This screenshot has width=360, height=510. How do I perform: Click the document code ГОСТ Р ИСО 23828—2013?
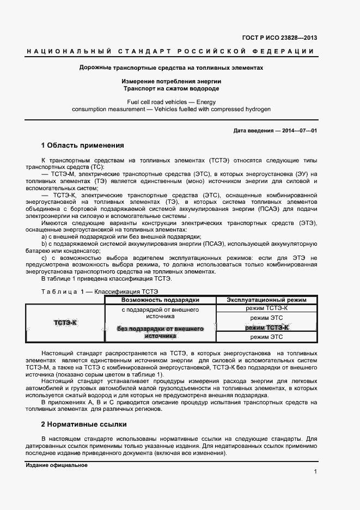(279, 38)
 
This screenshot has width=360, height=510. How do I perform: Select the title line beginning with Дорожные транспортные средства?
(171, 68)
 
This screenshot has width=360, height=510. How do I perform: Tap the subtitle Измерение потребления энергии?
(171, 81)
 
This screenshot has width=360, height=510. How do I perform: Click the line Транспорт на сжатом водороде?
(171, 88)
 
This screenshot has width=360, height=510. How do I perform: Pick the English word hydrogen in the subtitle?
(255, 109)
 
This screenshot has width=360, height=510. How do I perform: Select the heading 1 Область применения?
(82, 145)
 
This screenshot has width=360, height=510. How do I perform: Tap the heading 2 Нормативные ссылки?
(84, 423)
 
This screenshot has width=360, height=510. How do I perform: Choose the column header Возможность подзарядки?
(160, 300)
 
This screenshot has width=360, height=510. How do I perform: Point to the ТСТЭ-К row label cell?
(65, 323)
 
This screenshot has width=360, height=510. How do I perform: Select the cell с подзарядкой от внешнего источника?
(160, 313)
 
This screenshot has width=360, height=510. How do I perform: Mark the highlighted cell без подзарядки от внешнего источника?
(160, 332)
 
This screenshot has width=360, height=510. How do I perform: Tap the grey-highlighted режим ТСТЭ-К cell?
(266, 327)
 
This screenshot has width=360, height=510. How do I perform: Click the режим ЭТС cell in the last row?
(266, 337)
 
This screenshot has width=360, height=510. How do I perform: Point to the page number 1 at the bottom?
(315, 471)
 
